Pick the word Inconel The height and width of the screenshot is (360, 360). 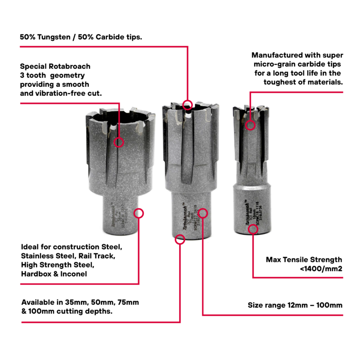[x=74, y=274]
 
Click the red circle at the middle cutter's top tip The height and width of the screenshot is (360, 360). [x=188, y=104]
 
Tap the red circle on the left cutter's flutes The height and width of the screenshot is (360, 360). [x=119, y=142]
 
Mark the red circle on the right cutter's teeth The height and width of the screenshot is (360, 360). [x=251, y=125]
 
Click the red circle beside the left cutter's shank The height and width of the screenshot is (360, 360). [x=139, y=213]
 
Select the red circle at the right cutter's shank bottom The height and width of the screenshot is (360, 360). [x=253, y=229]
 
